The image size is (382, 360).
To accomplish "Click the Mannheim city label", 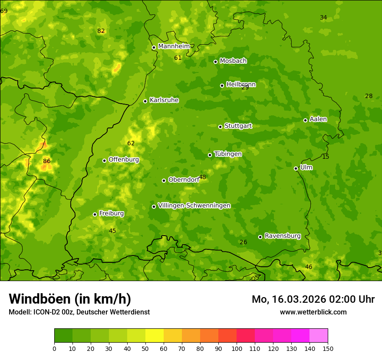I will pyautogui.click(x=174, y=46).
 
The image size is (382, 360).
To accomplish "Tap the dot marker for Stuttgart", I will pyautogui.click(x=220, y=127).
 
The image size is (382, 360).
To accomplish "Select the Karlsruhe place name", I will pyautogui.click(x=164, y=100).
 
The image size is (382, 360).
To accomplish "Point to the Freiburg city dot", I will pyautogui.click(x=95, y=214).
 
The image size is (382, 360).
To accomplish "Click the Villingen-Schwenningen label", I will pyautogui.click(x=194, y=206).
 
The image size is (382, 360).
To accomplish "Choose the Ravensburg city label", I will pyautogui.click(x=283, y=236).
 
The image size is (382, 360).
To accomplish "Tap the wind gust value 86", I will pyautogui.click(x=47, y=161).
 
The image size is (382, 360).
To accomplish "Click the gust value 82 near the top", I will pyautogui.click(x=101, y=31).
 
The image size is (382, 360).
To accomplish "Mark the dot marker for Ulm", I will pyautogui.click(x=296, y=168).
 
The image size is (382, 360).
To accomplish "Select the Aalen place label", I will pyautogui.click(x=318, y=119).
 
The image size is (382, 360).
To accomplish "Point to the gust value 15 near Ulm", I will pyautogui.click(x=326, y=157).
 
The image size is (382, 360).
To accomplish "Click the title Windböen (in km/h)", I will pyautogui.click(x=70, y=299).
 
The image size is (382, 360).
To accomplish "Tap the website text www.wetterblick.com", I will pyautogui.click(x=313, y=312).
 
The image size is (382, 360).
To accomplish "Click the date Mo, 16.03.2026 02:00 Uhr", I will pyautogui.click(x=313, y=299).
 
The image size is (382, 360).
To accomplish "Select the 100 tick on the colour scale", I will pyautogui.click(x=237, y=348).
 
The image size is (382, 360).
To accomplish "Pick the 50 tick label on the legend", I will pyautogui.click(x=145, y=348).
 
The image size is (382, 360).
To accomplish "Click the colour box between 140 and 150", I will pyautogui.click(x=319, y=336).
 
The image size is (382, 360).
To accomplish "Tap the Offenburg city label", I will pyautogui.click(x=124, y=160).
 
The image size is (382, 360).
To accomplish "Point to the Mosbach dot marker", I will pyautogui.click(x=215, y=62).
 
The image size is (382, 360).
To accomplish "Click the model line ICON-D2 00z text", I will pyautogui.click(x=79, y=312).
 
